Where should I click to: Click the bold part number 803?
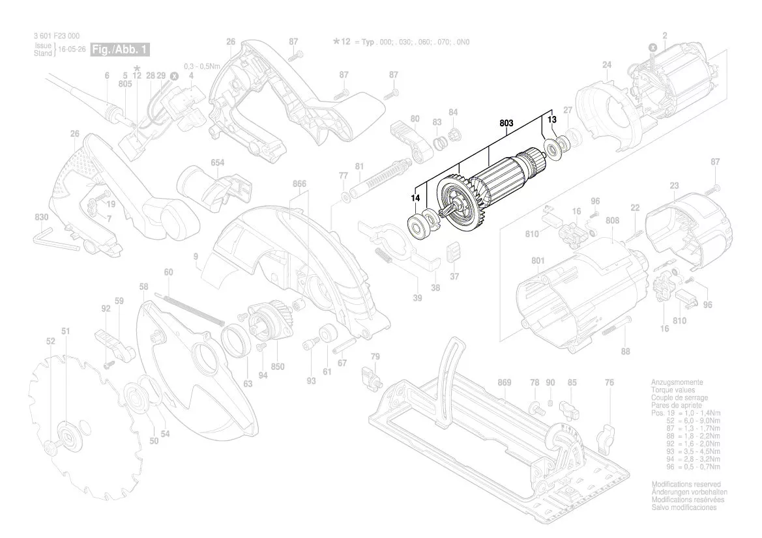tap(506, 122)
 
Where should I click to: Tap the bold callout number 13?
tap(551, 120)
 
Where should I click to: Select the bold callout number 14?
tap(415, 197)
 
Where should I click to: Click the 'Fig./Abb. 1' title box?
tap(122, 50)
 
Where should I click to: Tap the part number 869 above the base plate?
tap(504, 382)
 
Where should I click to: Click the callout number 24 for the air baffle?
tap(607, 65)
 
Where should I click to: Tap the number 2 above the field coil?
tap(664, 35)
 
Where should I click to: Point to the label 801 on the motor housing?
tap(537, 261)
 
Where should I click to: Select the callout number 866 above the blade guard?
tap(299, 184)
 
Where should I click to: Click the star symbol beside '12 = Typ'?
tap(336, 42)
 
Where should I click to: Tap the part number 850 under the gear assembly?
tap(278, 367)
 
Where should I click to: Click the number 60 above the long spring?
tap(168, 272)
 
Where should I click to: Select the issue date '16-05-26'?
tap(71, 50)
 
